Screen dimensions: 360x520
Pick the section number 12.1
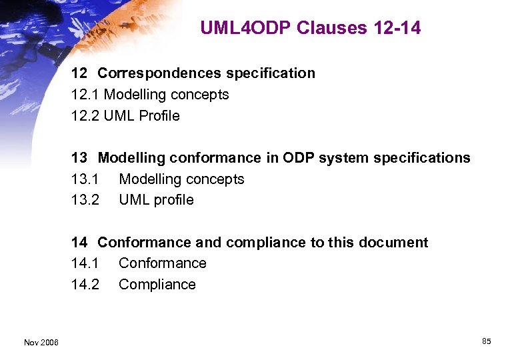point(85,95)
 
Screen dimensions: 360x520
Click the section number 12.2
point(85,116)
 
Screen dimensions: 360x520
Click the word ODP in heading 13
point(299,158)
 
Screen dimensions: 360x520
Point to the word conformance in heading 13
point(215,158)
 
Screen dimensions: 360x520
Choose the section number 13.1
point(85,179)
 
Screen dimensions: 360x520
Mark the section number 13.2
point(85,200)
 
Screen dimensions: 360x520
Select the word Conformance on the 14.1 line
point(163,263)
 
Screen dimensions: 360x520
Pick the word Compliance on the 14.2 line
point(157,285)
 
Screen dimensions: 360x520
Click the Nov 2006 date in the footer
point(41,342)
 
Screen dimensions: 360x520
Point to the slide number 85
point(486,341)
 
